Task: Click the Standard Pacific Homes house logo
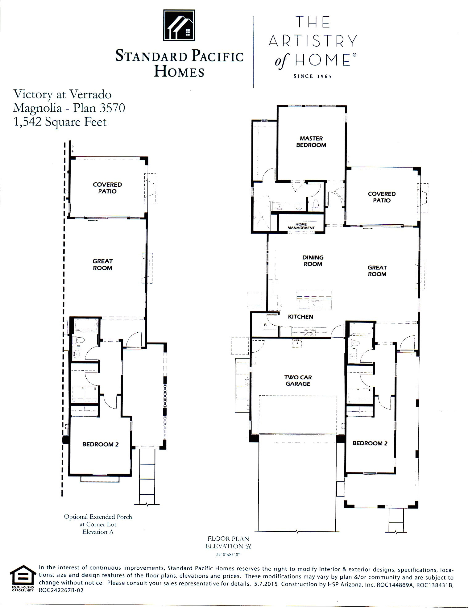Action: [179, 25]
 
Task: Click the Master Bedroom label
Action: [311, 142]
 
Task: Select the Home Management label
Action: [301, 226]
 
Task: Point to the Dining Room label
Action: [313, 261]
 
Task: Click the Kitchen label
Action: [300, 317]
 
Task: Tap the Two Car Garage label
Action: [298, 380]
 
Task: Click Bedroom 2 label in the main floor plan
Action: [370, 443]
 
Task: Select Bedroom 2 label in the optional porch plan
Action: [100, 444]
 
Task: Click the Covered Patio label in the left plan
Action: [107, 188]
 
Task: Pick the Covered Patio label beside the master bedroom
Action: [382, 197]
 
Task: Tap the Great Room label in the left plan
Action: [102, 264]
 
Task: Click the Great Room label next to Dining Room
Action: [377, 271]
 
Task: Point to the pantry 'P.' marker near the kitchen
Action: [265, 325]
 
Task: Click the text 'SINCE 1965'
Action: [313, 77]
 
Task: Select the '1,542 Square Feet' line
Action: [60, 122]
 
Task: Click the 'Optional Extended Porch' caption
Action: [98, 517]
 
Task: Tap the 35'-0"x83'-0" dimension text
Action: [228, 555]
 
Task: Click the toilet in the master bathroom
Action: [315, 204]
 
